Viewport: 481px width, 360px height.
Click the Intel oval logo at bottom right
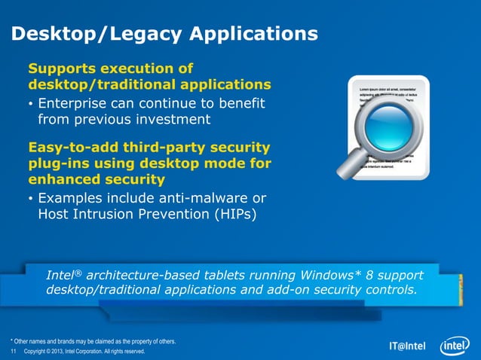click(455, 345)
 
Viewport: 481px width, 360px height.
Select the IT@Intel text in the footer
click(407, 347)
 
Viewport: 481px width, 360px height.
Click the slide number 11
click(13, 352)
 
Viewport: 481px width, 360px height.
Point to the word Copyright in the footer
click(38, 352)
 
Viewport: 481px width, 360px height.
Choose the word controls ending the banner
click(389, 290)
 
